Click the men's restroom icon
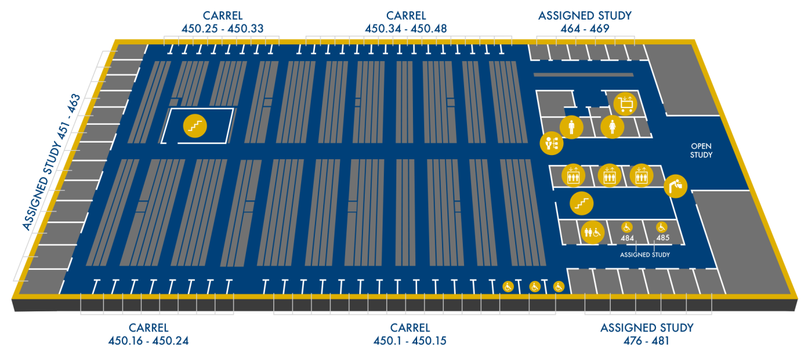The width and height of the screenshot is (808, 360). pos(571,127)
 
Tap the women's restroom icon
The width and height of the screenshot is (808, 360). pos(611,127)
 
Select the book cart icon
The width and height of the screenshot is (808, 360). pos(626,104)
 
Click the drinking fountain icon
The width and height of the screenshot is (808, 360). pos(676,187)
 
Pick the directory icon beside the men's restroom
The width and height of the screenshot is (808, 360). pos(551,143)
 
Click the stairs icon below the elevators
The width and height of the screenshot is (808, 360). pos(581,203)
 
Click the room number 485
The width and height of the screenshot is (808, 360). pos(663,238)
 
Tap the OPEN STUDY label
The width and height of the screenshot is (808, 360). pos(701,150)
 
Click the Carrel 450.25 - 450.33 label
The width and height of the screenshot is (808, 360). pos(222,22)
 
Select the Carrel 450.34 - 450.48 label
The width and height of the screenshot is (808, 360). pos(406,22)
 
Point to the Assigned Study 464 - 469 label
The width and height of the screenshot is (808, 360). pos(585,22)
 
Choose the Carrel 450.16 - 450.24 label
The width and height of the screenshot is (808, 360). pos(149,334)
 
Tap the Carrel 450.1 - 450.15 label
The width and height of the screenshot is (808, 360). pos(410,334)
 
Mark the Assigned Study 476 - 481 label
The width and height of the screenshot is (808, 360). pos(647,334)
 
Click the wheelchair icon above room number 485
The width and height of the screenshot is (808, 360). pos(662,227)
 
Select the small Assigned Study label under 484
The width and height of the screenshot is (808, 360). pos(645,255)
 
